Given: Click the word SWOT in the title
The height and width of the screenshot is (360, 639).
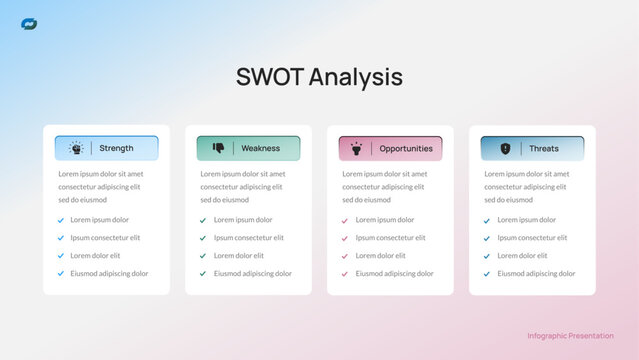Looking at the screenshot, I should coord(269,77).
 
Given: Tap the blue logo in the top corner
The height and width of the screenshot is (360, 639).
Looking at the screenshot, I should coord(29,24).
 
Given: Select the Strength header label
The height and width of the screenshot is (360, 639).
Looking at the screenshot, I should coord(116,148).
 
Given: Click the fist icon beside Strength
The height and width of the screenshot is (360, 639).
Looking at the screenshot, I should coord(76,148).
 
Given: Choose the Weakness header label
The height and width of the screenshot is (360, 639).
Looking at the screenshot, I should coord(260,148).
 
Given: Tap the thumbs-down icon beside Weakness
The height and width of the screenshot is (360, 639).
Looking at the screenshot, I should coord(218,148).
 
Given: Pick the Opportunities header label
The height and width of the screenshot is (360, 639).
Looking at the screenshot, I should coord(406,148).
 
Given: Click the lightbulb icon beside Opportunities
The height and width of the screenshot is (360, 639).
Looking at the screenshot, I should coord(356,148).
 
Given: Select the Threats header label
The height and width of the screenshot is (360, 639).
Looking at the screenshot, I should coord(544,148).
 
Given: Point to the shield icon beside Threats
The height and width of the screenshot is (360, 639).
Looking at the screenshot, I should coord(505,148).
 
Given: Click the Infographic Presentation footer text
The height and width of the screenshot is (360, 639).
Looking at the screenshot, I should coord(570,336).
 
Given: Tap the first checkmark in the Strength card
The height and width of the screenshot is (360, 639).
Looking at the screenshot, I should coord(61,220).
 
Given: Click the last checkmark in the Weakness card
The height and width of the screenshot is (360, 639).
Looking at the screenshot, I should coord(203,274).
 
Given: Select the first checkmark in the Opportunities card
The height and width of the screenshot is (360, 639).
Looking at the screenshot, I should coord(345,220).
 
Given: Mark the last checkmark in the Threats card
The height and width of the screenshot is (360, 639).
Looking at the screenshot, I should coord(487,274).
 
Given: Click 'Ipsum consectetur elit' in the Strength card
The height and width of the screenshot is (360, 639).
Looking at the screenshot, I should coord(105,238).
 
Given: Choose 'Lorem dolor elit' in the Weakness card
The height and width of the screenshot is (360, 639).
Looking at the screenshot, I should coord(239,256).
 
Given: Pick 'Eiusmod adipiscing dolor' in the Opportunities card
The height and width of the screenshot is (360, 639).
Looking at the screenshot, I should coord(394,274).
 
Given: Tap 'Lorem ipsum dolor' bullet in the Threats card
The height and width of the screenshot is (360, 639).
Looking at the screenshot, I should coord(527,220).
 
